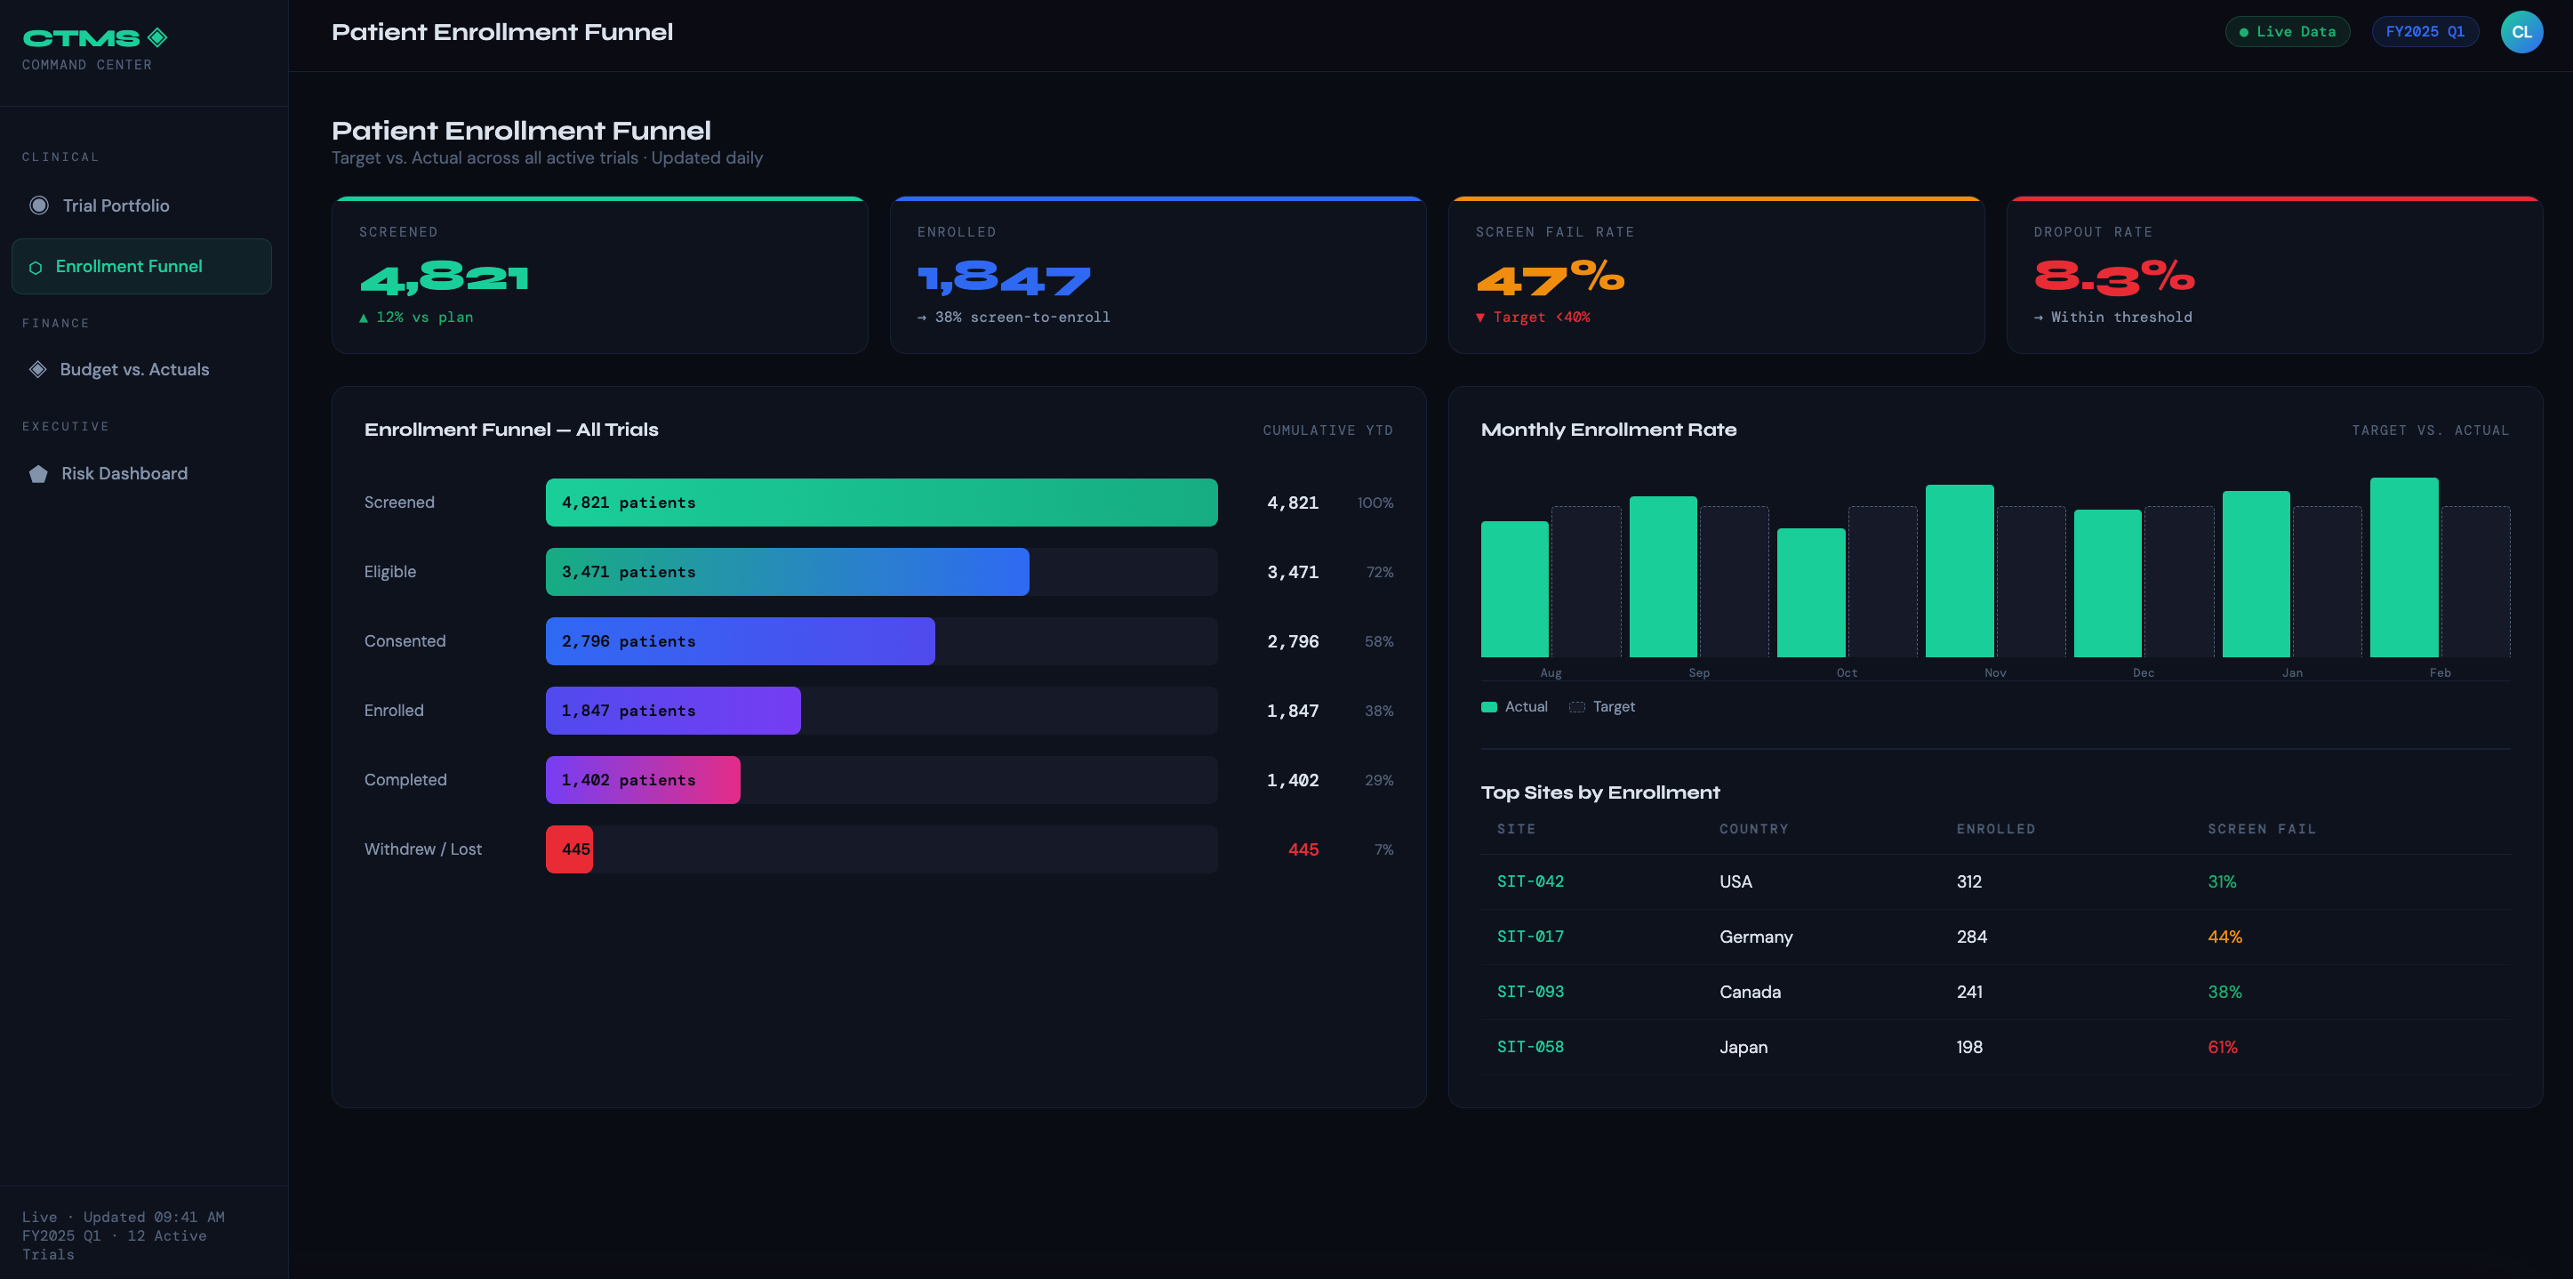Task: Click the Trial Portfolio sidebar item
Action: [x=115, y=205]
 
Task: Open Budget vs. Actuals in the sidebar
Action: [x=134, y=370]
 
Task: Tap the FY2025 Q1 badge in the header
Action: [x=2425, y=32]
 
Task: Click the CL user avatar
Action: [x=2521, y=32]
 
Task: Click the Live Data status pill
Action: [x=2287, y=32]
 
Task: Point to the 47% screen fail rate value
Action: [x=1551, y=278]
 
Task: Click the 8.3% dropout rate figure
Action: [x=2113, y=278]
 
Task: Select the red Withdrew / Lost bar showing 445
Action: [x=569, y=849]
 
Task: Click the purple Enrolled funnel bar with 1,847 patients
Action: [x=672, y=711]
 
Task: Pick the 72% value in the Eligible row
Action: [x=1379, y=573]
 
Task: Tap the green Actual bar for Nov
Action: [x=1959, y=572]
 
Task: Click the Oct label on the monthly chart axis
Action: [x=1847, y=673]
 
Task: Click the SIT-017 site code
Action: [x=1529, y=937]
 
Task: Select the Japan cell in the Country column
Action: [x=1743, y=1047]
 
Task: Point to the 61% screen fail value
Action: [x=2222, y=1047]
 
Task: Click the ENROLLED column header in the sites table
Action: [x=1995, y=829]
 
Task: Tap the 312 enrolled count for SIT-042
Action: [x=1968, y=882]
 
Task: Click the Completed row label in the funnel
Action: [x=405, y=780]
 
